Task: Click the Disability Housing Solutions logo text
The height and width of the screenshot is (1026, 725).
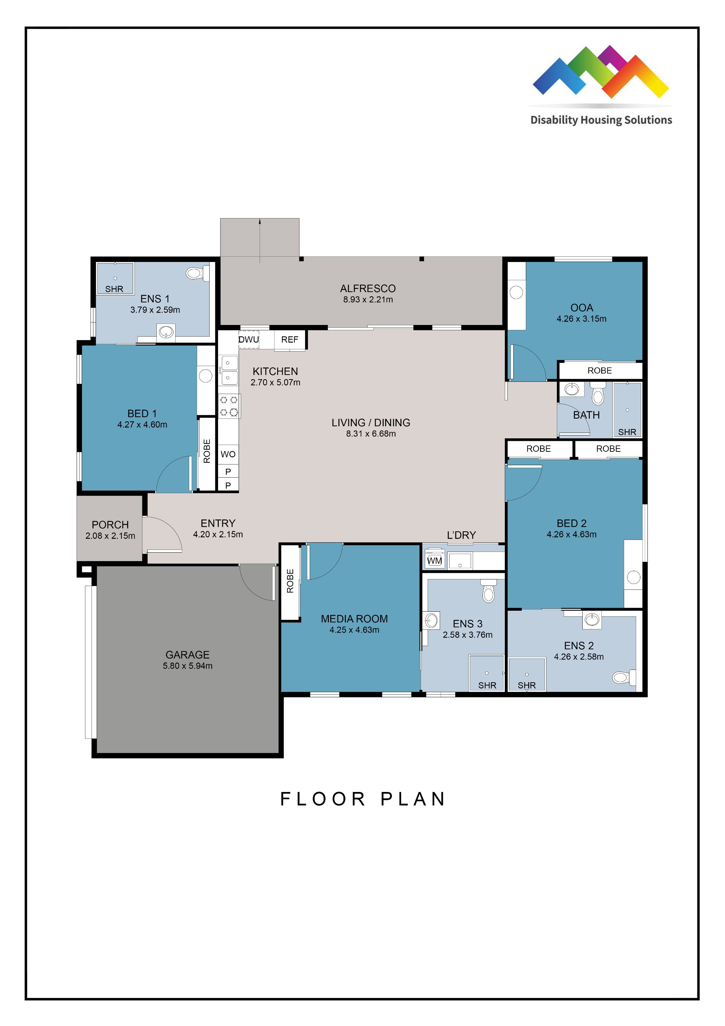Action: click(601, 120)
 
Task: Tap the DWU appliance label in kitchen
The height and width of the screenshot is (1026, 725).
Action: click(249, 340)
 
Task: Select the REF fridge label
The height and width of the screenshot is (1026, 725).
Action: click(290, 340)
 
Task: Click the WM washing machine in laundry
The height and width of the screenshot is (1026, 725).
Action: click(434, 560)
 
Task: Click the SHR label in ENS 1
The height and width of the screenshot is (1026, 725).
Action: click(114, 289)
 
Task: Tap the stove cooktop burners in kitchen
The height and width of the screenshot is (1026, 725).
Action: click(229, 406)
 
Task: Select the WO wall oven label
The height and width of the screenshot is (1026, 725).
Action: click(228, 454)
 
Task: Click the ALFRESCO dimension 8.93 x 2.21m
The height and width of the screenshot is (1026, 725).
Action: click(368, 300)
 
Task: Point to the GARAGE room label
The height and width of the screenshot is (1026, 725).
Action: click(187, 655)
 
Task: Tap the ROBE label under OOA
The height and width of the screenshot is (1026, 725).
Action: click(599, 370)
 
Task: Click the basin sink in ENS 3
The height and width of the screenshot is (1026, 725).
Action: click(432, 620)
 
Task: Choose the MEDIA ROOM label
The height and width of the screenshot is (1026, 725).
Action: click(354, 619)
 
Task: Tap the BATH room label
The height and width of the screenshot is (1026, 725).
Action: click(586, 415)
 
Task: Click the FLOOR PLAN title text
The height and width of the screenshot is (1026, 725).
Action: click(362, 799)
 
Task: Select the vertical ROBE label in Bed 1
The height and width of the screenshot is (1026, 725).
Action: click(207, 451)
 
